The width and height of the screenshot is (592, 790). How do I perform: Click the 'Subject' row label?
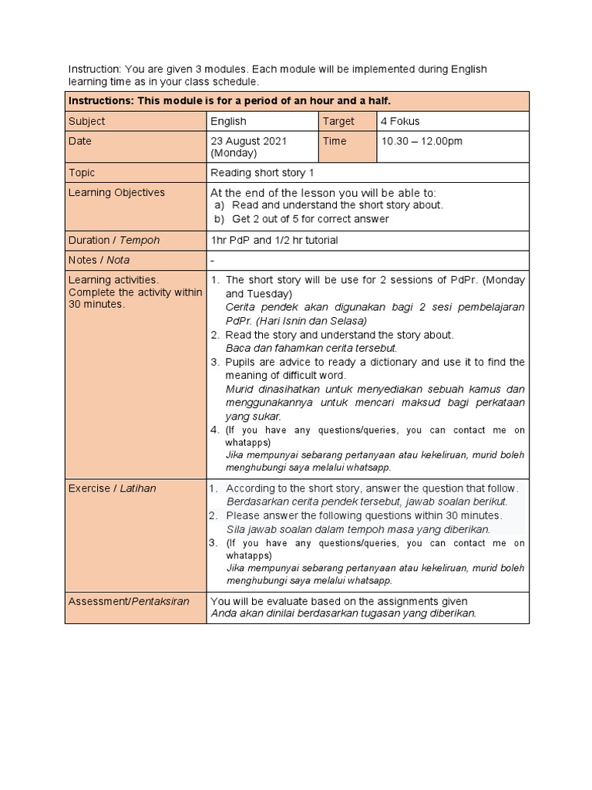tap(87, 121)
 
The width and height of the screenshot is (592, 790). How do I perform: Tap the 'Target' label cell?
tap(338, 121)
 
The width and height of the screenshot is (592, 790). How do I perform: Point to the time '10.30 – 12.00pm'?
tap(422, 141)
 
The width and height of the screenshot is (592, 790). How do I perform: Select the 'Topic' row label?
tap(82, 173)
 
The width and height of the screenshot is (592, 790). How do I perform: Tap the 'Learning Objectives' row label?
tap(116, 192)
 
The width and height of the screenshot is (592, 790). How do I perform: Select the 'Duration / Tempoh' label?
tap(114, 240)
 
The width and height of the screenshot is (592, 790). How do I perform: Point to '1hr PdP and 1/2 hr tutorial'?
tap(274, 240)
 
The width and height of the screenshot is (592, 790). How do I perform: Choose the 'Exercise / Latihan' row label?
tap(112, 488)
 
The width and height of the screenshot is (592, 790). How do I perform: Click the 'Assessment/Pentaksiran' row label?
tap(129, 601)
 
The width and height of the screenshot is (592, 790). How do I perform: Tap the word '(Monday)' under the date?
tap(234, 154)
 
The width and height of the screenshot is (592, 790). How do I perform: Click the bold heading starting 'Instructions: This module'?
tap(230, 101)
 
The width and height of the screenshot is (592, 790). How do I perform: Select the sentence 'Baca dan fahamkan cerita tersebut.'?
tap(311, 348)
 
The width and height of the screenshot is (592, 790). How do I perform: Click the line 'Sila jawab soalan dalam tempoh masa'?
tap(358, 529)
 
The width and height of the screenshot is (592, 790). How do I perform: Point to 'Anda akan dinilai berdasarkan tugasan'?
tap(344, 613)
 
